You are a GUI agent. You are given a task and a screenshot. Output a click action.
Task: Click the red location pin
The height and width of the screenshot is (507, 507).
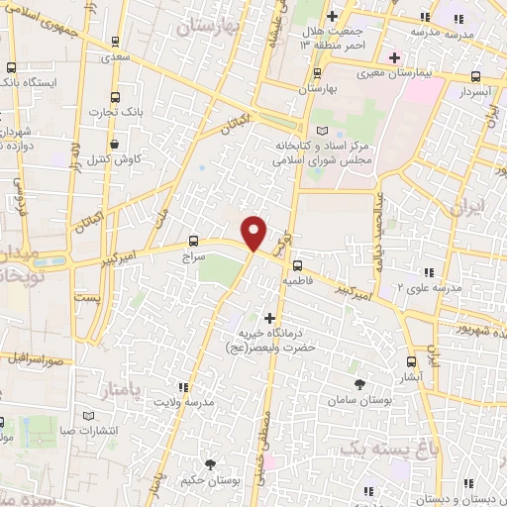click(x=254, y=232)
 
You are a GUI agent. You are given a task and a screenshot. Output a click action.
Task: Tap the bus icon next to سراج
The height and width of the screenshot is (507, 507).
click(x=193, y=240)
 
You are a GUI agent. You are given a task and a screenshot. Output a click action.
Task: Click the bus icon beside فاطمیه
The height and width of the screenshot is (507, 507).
click(x=295, y=264)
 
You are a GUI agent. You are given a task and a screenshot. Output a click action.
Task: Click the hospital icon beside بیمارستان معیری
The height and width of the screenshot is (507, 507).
click(x=394, y=55)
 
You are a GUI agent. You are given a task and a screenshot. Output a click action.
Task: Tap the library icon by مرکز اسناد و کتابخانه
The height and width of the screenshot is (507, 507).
click(x=319, y=131)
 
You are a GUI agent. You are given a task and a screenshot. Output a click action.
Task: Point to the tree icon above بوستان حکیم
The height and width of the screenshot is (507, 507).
click(x=209, y=463)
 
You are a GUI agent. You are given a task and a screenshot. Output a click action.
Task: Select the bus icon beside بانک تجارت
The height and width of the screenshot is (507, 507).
click(x=115, y=97)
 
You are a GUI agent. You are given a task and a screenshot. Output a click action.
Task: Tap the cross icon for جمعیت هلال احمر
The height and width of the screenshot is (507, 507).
click(x=333, y=17)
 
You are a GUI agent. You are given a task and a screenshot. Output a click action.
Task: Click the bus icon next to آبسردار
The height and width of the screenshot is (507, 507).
click(x=475, y=76)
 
